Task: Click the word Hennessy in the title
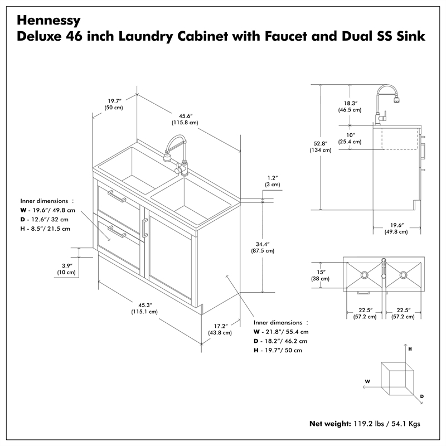coord(49,20)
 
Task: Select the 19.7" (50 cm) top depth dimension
coord(115,104)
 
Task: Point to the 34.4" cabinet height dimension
coord(263,247)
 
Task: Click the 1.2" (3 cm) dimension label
coord(273,181)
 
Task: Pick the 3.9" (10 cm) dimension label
coord(66,269)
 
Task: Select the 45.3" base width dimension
coord(146,308)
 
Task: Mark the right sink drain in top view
coord(403,275)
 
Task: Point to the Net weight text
coord(330,423)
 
